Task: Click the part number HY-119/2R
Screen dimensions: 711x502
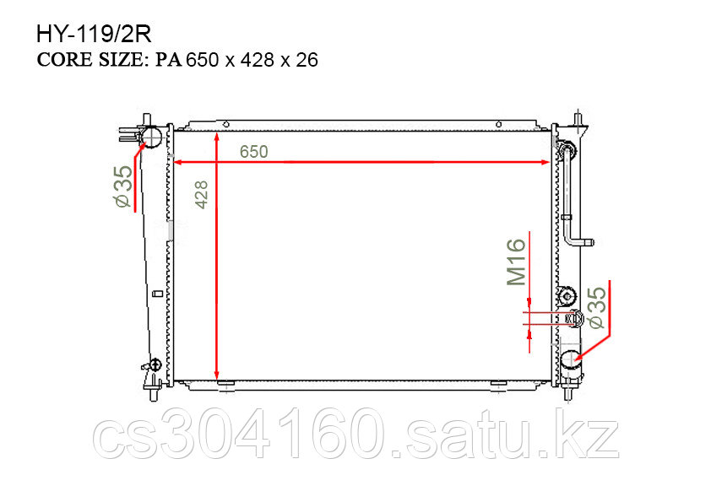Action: [94, 34]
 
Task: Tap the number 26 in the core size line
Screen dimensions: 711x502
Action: [307, 60]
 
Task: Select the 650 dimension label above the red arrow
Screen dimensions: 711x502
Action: [254, 151]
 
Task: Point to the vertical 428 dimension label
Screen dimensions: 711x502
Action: [201, 195]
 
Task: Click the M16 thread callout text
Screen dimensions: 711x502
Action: [517, 262]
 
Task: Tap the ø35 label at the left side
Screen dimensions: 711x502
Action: [124, 186]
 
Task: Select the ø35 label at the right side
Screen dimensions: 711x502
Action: [597, 307]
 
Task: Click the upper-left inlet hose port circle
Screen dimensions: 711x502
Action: [151, 136]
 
